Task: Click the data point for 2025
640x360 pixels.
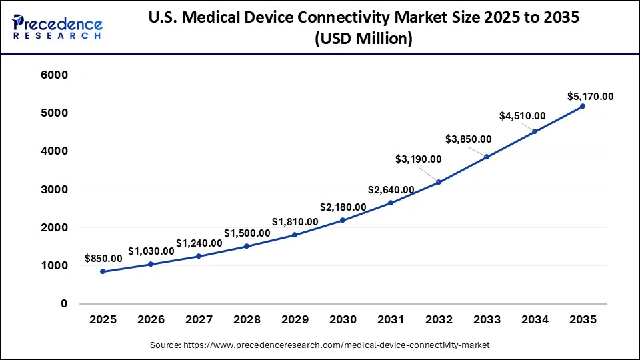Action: (x=103, y=271)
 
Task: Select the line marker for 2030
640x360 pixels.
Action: (x=343, y=220)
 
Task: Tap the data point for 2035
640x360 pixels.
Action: (x=583, y=106)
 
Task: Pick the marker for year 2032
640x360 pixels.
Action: (x=439, y=182)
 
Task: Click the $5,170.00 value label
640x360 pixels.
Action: (x=591, y=97)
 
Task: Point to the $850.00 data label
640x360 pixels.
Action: (x=103, y=258)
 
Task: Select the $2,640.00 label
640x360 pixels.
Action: (x=391, y=190)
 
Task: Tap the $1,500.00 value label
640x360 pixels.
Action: (x=247, y=233)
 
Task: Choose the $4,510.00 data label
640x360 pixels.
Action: (x=522, y=116)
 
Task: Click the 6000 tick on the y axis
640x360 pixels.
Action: (x=55, y=75)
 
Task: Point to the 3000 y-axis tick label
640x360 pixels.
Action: (x=55, y=189)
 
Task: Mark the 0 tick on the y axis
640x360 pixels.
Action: (x=64, y=303)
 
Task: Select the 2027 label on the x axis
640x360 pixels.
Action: (x=199, y=320)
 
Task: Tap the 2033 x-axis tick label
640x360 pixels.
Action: (x=487, y=320)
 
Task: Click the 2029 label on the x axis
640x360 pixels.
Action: (x=295, y=320)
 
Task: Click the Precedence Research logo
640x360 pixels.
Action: (x=57, y=27)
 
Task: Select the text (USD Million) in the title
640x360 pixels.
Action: (x=363, y=39)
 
